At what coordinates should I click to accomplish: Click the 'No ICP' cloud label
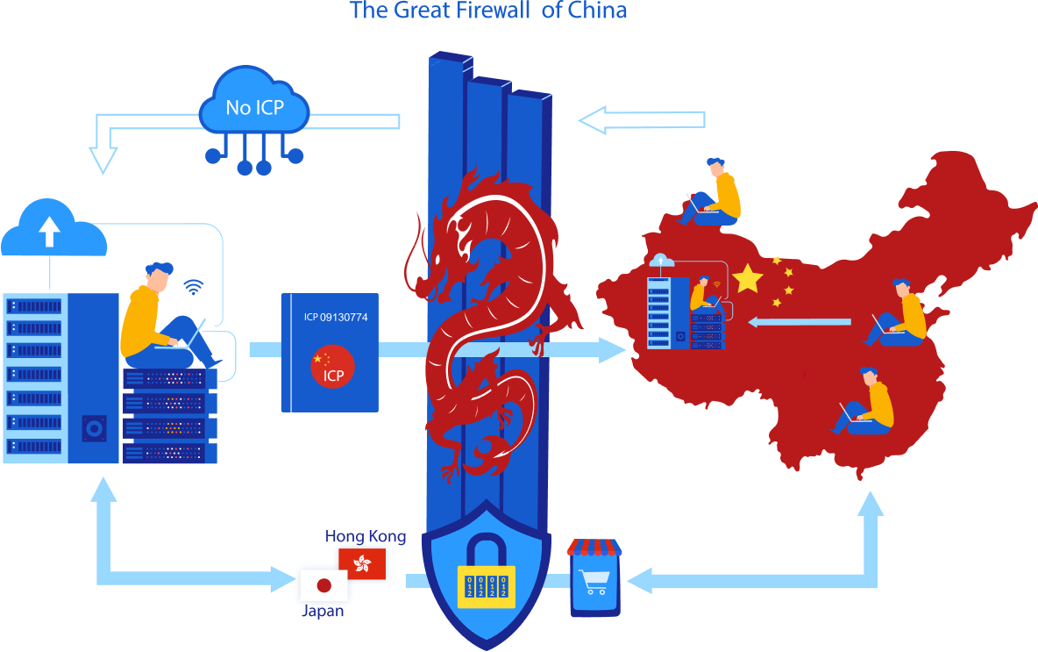[x=254, y=107]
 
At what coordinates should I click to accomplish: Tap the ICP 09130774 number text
[x=336, y=317]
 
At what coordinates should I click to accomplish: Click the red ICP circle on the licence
[x=332, y=367]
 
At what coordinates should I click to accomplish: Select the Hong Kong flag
[x=361, y=563]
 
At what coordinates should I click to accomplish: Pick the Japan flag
[x=323, y=585]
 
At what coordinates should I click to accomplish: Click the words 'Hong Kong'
[x=366, y=536]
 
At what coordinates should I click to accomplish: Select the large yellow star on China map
[x=747, y=278]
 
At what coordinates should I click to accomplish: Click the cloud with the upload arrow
[x=50, y=230]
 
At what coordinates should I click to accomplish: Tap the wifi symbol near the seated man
[x=193, y=287]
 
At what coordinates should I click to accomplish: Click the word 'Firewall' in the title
[x=487, y=11]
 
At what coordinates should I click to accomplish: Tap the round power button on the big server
[x=94, y=428]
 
